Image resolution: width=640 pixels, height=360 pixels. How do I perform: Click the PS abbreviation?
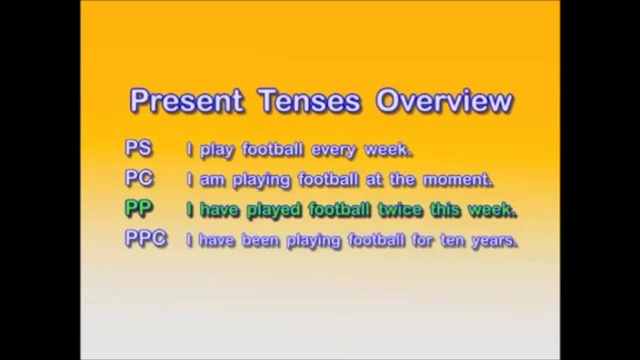138,149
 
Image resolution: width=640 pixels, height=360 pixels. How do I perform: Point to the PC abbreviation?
139,179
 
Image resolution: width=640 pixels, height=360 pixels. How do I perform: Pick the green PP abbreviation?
138,209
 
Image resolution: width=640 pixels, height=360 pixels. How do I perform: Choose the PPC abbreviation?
145,239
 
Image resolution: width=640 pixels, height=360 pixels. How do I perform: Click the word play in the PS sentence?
217,150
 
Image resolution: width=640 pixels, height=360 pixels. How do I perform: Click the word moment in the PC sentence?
456,180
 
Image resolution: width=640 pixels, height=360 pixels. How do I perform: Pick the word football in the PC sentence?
327,180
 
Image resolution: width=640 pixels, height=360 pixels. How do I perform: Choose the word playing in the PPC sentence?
312,241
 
